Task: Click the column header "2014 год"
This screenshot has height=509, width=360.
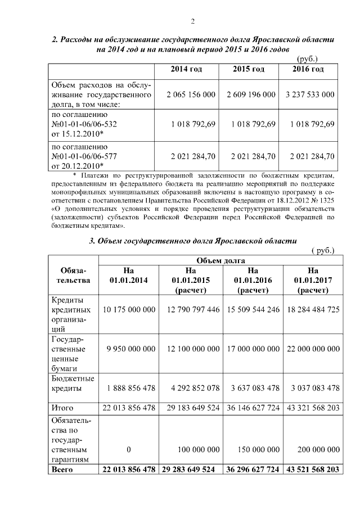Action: click(186, 69)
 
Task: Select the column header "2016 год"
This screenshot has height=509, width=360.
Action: click(308, 69)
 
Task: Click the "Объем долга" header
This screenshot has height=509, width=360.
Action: click(219, 260)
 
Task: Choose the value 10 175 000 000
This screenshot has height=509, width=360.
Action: click(129, 309)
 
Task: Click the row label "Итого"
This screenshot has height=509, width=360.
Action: click(62, 407)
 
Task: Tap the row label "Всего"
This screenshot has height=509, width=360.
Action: click(62, 469)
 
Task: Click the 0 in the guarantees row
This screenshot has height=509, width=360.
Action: click(129, 450)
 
